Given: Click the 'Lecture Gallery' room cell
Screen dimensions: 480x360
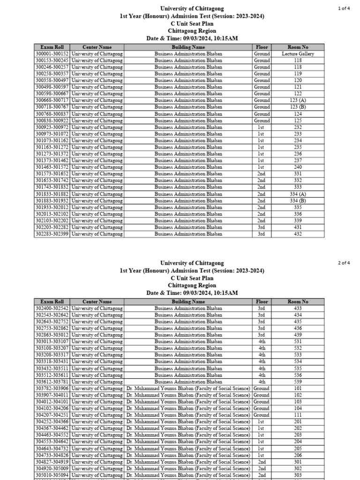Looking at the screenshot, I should (298, 54).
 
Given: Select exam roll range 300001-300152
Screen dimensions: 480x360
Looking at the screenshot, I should (52, 54).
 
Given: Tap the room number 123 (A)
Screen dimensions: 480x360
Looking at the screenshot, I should (298, 100).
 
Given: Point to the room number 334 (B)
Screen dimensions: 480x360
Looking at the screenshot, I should (298, 201).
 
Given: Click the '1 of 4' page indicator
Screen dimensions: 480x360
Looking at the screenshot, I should (344, 8).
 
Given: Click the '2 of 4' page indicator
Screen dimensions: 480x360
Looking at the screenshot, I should (344, 263).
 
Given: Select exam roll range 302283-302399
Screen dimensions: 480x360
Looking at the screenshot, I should (52, 234).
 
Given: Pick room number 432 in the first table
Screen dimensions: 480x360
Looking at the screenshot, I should (298, 234).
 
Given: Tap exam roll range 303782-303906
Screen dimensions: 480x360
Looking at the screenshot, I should (52, 389).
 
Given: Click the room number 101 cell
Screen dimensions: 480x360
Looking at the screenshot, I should (298, 389).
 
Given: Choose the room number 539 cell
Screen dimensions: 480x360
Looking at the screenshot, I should (298, 382).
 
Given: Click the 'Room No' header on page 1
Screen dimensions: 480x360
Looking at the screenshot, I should (298, 47).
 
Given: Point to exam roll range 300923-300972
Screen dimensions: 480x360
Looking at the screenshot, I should (52, 127).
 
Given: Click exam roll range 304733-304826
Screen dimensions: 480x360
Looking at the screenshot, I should (52, 455).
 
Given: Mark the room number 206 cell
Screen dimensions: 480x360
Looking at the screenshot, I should (298, 455).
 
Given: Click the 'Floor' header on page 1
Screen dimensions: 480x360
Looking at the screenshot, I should (262, 47).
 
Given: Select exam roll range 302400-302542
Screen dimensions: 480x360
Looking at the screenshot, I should (52, 308).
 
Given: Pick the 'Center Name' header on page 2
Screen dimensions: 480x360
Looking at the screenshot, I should (97, 302).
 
